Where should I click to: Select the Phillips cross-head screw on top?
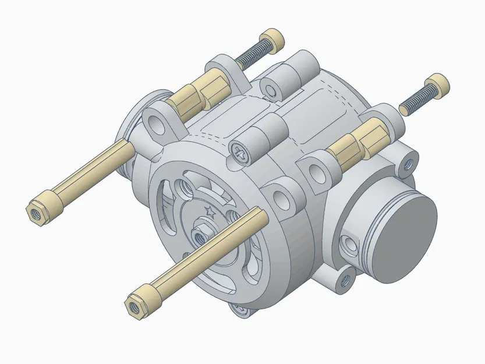click(239, 152)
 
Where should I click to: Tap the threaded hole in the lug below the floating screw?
click(407, 165)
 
